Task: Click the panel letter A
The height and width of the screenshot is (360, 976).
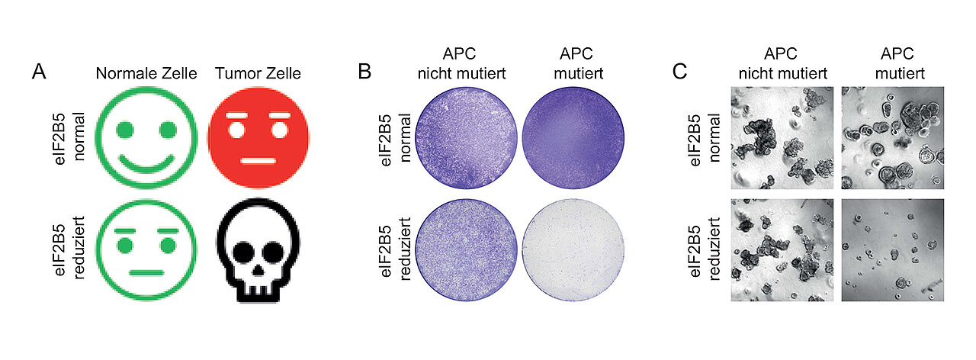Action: [39, 72]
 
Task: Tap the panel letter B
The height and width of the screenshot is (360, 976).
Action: [364, 72]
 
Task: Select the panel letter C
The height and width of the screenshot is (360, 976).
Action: [679, 72]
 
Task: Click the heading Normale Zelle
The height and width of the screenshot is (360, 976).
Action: [146, 73]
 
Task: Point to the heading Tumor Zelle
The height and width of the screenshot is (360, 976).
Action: [258, 73]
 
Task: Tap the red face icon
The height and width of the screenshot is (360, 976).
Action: [258, 138]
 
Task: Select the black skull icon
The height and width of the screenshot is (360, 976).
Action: [258, 250]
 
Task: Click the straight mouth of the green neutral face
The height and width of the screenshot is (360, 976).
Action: [146, 273]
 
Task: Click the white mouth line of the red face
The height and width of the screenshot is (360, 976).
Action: [258, 161]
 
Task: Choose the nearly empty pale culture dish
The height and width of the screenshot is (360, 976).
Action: [573, 249]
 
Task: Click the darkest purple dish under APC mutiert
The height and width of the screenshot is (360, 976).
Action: [573, 138]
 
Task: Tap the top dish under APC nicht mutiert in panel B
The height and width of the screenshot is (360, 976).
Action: [466, 138]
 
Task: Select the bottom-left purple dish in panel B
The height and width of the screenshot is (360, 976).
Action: [466, 249]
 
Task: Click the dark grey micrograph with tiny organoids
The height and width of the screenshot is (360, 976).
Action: [893, 250]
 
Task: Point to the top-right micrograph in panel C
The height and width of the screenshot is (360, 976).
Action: [893, 138]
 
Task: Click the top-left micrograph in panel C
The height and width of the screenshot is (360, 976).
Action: [782, 138]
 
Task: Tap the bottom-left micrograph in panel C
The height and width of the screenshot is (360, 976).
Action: [782, 250]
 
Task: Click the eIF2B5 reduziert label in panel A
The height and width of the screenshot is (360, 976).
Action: [68, 249]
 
